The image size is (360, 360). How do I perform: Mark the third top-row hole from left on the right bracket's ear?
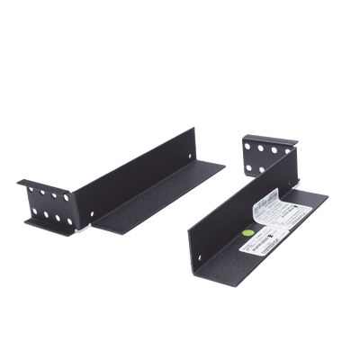(x=274, y=148)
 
